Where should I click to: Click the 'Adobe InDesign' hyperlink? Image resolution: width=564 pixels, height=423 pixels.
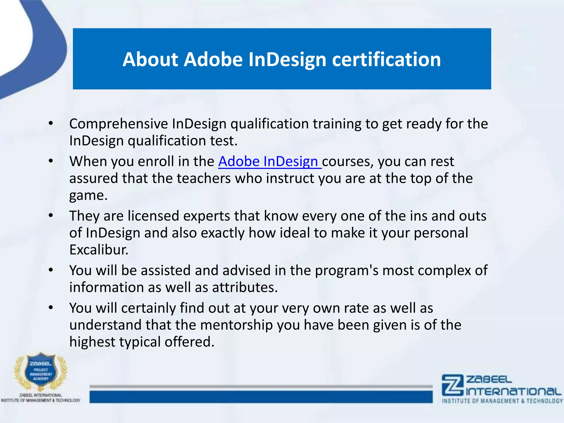click(269, 161)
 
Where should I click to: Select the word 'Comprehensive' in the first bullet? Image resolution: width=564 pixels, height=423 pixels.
click(118, 124)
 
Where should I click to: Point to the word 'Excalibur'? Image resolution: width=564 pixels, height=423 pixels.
click(99, 250)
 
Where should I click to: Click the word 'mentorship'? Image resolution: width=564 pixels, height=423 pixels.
click(236, 325)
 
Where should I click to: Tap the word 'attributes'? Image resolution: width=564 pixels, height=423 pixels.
click(245, 288)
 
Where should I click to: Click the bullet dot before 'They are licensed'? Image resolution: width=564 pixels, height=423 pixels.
click(51, 216)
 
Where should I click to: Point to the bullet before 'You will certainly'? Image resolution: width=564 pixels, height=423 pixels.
click(51, 308)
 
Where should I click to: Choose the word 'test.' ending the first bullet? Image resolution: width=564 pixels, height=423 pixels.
click(224, 141)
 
